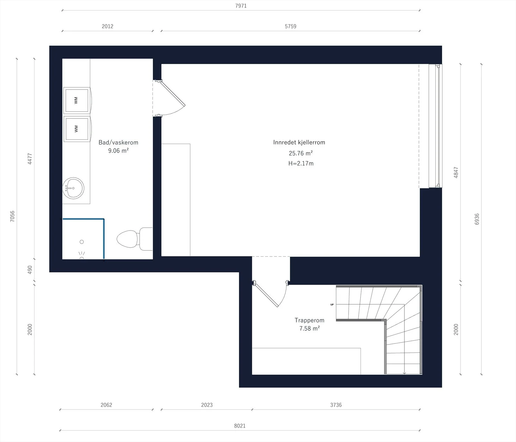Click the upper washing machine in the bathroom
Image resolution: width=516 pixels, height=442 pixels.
[77, 100]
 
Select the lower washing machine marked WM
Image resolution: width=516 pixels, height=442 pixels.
[77, 129]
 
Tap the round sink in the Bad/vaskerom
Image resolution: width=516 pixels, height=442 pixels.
[73, 188]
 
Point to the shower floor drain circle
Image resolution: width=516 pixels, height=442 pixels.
[82, 242]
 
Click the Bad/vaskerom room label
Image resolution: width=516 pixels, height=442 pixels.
[118, 142]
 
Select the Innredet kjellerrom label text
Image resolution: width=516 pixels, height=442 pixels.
[299, 142]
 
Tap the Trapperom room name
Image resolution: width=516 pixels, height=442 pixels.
[309, 320]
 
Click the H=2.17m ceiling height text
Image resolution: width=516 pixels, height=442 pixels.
[301, 164]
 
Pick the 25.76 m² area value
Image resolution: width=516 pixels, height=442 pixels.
[301, 153]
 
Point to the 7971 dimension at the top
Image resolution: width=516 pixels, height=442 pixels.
[241, 6]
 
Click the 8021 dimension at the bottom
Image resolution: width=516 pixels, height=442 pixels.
[240, 426]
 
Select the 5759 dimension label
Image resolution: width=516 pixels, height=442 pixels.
[290, 26]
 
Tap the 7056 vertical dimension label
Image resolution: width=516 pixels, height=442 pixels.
[12, 216]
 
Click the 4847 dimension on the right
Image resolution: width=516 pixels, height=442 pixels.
[456, 173]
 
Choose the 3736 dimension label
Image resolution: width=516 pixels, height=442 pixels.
[336, 405]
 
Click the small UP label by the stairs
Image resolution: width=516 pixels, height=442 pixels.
[332, 305]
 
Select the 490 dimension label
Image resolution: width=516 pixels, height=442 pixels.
[30, 270]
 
